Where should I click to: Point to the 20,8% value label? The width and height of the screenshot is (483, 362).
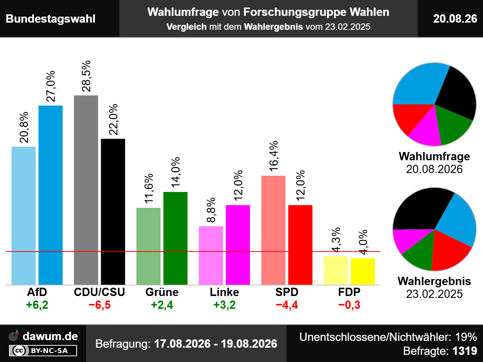point(24,127)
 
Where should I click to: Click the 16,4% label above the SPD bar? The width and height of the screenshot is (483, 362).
point(274,156)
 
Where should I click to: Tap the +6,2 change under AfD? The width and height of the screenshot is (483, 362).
point(37,305)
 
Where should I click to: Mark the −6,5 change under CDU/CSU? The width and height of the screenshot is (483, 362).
point(100,305)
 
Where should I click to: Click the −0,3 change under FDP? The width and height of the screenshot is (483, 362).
point(349,305)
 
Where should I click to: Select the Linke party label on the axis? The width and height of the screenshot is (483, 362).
point(225,292)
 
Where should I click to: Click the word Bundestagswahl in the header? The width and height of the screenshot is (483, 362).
point(51,19)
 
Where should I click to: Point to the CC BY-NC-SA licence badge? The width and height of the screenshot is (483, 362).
point(43,351)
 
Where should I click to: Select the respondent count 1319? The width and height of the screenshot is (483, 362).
point(465,351)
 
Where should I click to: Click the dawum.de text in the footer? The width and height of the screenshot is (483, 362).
point(50,336)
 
